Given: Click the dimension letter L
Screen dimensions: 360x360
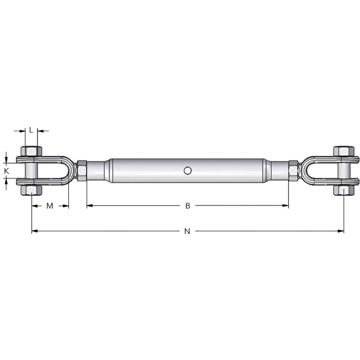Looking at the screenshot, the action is coord(31,130).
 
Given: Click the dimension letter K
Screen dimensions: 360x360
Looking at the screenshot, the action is coord(7,171).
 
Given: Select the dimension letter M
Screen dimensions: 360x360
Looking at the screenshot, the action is coord(49,206).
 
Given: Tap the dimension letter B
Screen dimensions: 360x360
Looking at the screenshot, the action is coord(188,206).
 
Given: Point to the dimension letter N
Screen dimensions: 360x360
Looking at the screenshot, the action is coord(187,231).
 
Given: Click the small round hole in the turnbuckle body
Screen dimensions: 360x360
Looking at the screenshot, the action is coord(188,171).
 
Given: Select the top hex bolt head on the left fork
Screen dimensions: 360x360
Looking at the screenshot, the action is coord(31,151).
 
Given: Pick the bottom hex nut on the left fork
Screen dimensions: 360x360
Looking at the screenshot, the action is coord(31,190).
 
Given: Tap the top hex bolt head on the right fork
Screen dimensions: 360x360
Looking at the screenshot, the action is coord(344,151).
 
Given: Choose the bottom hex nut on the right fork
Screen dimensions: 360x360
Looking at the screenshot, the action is coord(344,190).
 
